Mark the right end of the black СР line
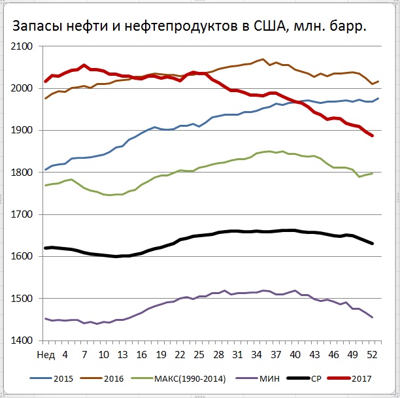[373, 244]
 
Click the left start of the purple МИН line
[45, 318]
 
